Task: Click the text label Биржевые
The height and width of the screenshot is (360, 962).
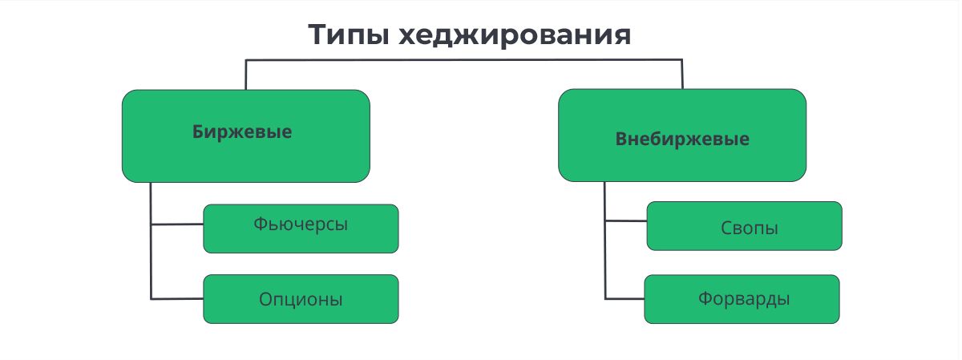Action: pos(242,132)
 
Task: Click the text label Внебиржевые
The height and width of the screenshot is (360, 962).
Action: pos(682,139)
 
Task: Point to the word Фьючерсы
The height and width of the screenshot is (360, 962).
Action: pos(300,224)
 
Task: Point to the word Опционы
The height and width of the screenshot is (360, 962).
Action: pos(301,300)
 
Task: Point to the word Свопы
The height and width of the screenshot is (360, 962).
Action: pos(750,229)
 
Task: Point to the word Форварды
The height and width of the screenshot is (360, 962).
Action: pos(744,299)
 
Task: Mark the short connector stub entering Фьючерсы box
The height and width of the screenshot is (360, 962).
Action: pos(176,225)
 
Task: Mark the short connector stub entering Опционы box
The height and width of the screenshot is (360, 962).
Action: pos(176,299)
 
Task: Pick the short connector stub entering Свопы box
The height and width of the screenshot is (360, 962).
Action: pos(626,220)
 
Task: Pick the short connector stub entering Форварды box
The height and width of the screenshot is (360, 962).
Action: pos(624,299)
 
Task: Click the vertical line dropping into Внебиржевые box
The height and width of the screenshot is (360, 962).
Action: pos(682,74)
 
